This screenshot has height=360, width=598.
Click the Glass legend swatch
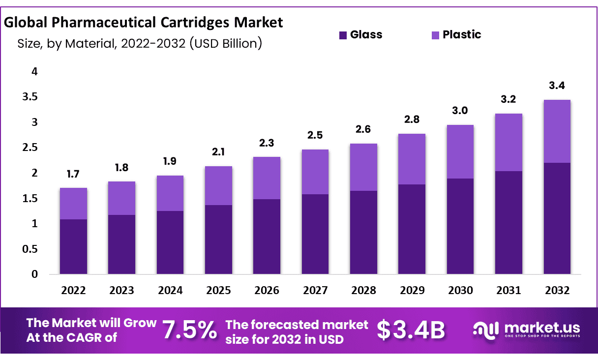point(343,35)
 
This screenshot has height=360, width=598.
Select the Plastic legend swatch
point(435,35)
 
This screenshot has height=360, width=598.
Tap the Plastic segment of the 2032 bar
point(557,131)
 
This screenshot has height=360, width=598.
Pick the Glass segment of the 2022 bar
point(73,246)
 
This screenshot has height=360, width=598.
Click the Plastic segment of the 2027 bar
point(315,172)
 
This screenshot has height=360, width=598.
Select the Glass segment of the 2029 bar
point(412,229)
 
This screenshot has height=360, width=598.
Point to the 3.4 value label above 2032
point(557,86)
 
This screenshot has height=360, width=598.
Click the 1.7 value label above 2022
point(73,173)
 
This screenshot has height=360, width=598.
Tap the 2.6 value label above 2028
point(363,129)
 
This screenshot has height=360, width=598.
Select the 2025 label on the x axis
point(218,290)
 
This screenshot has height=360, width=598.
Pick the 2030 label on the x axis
point(460,290)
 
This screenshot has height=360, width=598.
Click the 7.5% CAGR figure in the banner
point(190,330)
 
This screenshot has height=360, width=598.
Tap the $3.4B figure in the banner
point(411,330)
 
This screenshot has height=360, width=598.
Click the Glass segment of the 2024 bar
point(170,242)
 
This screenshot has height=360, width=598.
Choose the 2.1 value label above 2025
point(218,152)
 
